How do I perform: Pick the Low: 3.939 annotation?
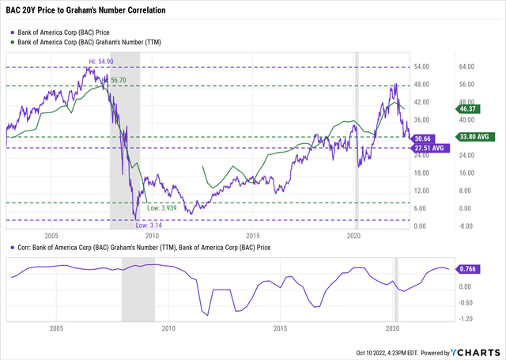[x=162, y=208]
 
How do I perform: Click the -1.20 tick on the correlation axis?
[x=467, y=319]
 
